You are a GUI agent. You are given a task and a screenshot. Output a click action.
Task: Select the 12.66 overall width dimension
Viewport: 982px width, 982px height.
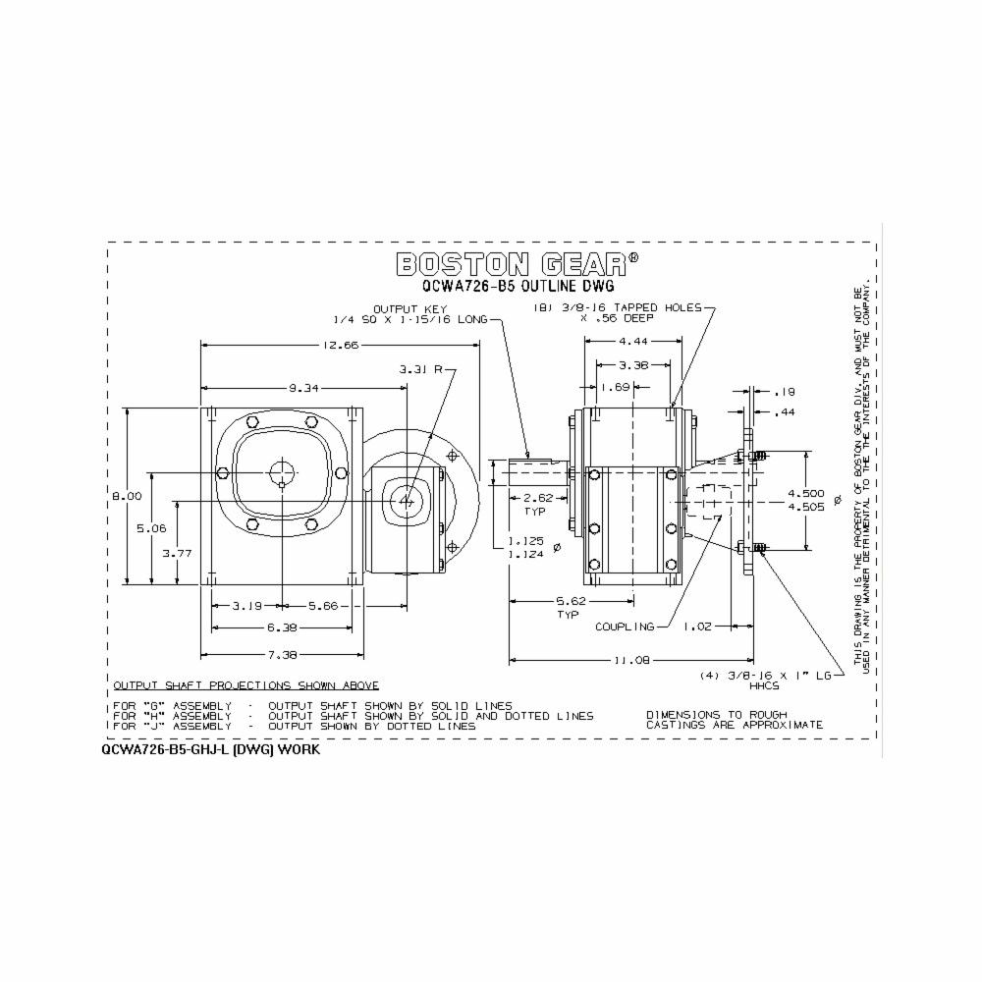pyautogui.click(x=340, y=344)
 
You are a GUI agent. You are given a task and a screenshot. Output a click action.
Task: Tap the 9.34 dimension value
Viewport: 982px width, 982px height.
pyautogui.click(x=303, y=388)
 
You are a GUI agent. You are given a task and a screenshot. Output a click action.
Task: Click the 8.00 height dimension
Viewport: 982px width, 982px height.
pyautogui.click(x=127, y=496)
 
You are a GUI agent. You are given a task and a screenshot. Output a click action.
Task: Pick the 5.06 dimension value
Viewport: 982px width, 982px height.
pyautogui.click(x=151, y=527)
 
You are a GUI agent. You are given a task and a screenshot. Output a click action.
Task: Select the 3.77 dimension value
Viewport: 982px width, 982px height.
pyautogui.click(x=177, y=553)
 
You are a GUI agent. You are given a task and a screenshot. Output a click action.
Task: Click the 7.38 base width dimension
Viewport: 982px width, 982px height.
pyautogui.click(x=282, y=653)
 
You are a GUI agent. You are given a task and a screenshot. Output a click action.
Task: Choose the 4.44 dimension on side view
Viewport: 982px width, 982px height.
pyautogui.click(x=632, y=341)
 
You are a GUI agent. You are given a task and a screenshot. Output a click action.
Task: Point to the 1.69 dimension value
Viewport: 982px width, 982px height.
pyautogui.click(x=616, y=387)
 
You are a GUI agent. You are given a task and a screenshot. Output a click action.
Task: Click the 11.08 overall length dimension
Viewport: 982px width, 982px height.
pyautogui.click(x=631, y=661)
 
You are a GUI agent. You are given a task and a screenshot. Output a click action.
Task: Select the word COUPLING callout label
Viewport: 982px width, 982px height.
pyautogui.click(x=624, y=627)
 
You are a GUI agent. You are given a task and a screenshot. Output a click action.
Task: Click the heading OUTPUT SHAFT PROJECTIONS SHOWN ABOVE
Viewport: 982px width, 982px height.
pyautogui.click(x=246, y=685)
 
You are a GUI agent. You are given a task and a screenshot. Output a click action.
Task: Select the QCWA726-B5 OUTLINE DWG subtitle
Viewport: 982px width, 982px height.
pyautogui.click(x=518, y=287)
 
